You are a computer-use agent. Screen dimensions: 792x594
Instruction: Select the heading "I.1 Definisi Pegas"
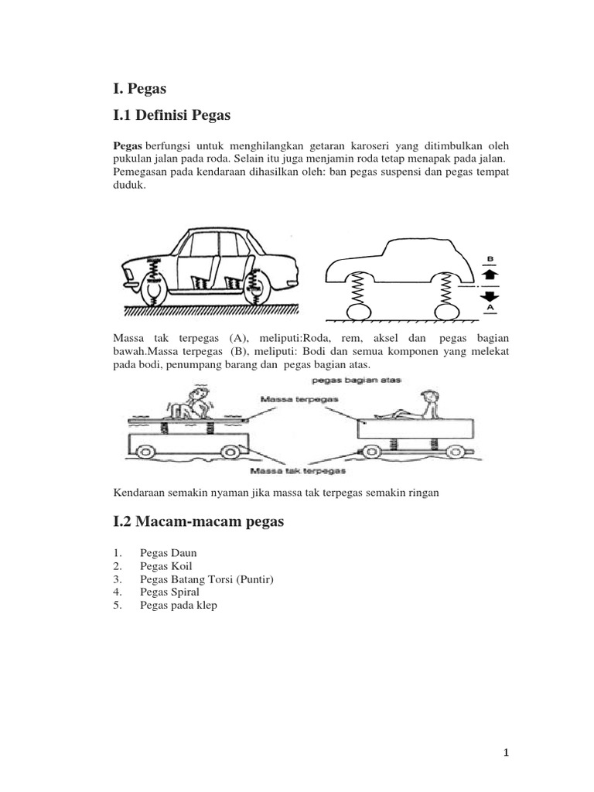[172, 116]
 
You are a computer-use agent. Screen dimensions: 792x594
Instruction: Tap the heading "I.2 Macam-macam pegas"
[198, 522]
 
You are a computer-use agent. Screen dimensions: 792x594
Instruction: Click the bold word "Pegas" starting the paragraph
[128, 146]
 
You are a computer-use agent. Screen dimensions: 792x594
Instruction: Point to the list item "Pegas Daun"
[169, 552]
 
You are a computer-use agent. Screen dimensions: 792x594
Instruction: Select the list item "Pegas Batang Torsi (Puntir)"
[207, 579]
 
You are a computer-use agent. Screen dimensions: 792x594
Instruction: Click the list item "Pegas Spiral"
[169, 592]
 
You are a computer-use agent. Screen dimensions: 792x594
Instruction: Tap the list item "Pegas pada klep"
[179, 605]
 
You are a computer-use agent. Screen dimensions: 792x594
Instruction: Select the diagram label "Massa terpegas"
[291, 399]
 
